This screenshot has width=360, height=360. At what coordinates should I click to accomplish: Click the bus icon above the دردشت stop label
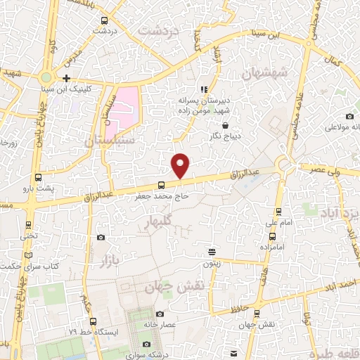tap(104, 20)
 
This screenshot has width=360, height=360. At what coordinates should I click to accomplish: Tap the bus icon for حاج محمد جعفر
tap(162, 185)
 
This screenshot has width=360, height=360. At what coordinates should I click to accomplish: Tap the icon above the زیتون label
tap(212, 252)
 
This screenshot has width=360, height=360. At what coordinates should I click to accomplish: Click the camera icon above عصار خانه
tap(160, 314)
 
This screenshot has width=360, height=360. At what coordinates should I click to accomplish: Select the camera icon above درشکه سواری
tap(146, 344)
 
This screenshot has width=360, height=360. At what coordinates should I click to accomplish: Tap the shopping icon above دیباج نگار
tap(224, 124)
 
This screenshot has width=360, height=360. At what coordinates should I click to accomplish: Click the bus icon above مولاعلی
tap(330, 115)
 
